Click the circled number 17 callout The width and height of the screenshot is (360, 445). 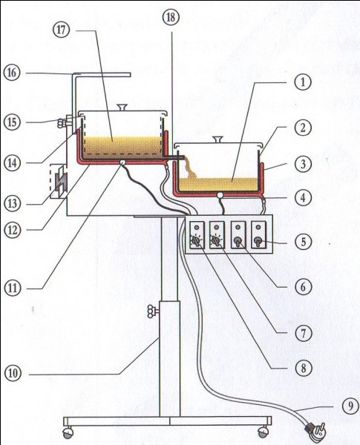61,30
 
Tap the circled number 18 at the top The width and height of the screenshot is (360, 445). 171,17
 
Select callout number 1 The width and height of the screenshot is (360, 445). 303,82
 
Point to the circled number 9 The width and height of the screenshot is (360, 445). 350,406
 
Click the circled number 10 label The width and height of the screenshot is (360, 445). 13,373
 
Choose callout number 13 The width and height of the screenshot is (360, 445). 12,203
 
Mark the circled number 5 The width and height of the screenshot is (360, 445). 303,242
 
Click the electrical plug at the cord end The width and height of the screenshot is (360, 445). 316,429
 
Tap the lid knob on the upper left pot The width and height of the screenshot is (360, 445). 122,108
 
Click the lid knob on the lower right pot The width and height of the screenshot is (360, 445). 218,139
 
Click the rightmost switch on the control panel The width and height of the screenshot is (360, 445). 258,241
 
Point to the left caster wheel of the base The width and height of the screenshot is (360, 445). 68,432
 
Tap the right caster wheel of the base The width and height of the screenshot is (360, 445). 263,432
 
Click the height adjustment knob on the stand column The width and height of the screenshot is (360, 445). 153,311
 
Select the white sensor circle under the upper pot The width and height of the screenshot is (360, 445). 122,162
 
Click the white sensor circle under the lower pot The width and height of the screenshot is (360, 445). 220,195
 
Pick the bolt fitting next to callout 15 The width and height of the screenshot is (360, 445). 65,122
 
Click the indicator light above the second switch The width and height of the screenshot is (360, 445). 217,227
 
